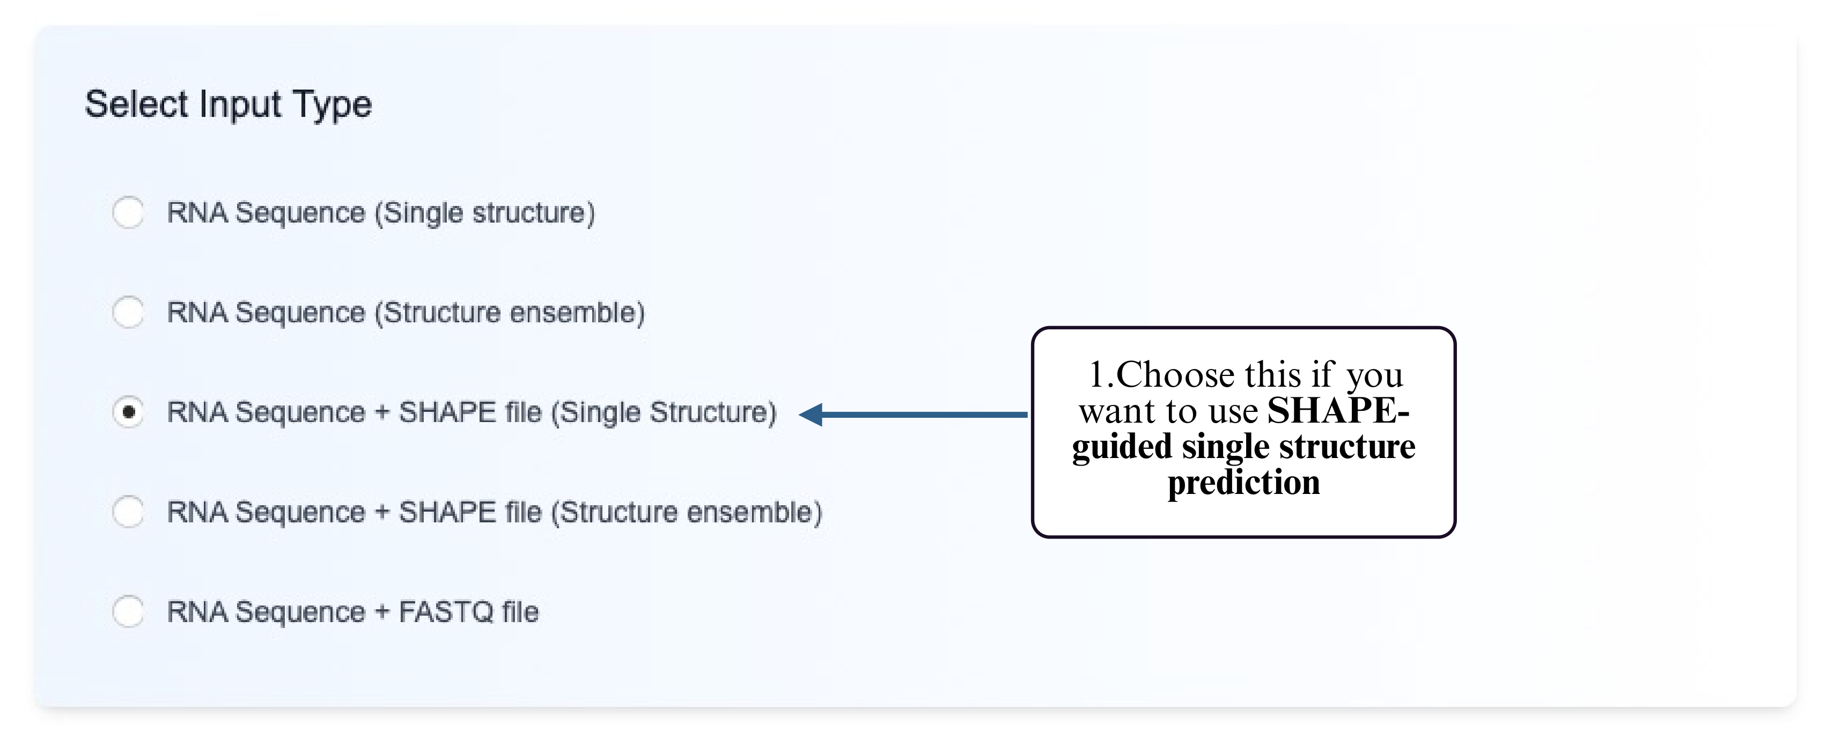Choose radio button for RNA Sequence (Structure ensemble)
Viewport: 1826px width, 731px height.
(x=128, y=312)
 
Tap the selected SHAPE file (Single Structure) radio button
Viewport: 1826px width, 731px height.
(x=128, y=412)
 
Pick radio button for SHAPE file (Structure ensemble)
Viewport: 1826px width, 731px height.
(x=128, y=511)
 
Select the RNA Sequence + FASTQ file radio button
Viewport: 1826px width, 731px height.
(x=128, y=611)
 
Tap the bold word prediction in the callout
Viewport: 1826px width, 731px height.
(x=1243, y=483)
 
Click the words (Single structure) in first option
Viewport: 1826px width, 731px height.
(x=485, y=213)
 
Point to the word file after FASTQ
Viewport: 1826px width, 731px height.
(x=520, y=612)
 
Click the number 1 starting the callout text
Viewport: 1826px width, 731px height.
(x=1096, y=374)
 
